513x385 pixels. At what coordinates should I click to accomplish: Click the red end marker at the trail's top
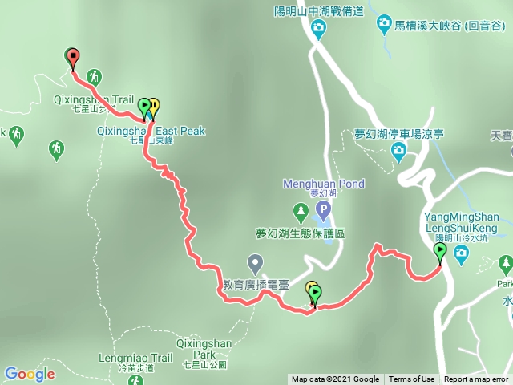coord(73,58)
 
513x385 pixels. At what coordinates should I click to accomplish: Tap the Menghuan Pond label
coord(324,184)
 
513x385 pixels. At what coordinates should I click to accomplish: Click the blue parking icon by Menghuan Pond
coord(323,211)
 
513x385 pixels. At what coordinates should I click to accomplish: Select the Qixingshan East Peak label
coord(151,131)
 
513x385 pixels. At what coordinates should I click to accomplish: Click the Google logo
coord(29,374)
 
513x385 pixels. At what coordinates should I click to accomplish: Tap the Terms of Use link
coord(412,379)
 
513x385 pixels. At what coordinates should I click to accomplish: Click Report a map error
coord(476,379)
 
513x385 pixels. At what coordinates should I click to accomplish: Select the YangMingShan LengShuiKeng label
coord(461,222)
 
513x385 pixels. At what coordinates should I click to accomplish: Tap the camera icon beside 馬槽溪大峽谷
coord(385,26)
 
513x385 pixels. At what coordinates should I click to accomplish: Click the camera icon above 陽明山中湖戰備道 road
coord(319,30)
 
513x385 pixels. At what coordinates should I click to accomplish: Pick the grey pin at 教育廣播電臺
coord(256,261)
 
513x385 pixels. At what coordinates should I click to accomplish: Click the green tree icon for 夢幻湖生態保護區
coord(301,213)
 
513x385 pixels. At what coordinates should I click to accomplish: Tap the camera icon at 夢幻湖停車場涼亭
coord(398,150)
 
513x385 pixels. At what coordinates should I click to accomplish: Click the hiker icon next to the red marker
coord(95,76)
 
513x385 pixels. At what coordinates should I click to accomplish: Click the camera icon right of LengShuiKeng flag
coord(461,254)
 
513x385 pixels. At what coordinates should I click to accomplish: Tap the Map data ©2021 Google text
coord(335,379)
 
